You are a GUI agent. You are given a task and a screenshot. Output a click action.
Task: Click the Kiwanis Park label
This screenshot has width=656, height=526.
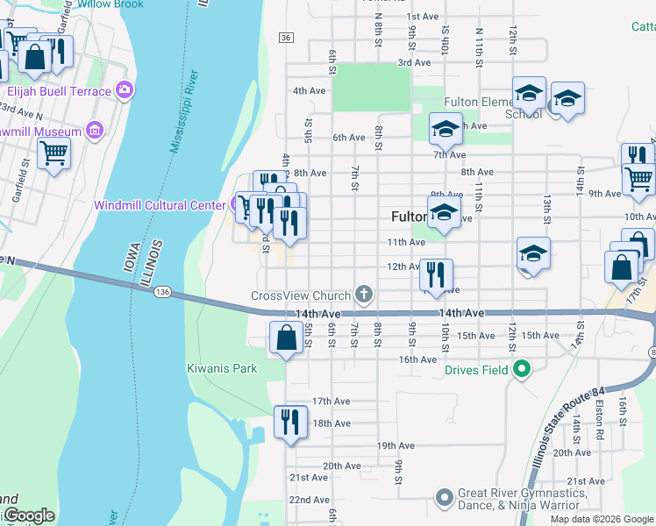222,368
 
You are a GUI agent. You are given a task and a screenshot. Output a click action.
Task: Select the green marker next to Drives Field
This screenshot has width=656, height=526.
522,370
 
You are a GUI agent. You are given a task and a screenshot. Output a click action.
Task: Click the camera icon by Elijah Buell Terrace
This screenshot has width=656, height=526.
125,90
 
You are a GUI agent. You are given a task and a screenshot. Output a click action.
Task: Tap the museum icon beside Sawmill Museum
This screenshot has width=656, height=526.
95,131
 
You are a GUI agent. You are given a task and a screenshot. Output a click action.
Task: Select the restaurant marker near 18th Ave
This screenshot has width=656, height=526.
289,422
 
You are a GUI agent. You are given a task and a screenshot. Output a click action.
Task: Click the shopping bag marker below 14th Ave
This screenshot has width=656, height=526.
287,338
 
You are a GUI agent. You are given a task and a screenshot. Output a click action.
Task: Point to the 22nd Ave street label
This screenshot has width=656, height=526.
309,500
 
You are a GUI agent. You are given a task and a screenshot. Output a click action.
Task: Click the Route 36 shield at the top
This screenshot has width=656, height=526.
286,38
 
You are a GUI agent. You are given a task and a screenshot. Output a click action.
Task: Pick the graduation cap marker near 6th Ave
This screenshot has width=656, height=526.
446,130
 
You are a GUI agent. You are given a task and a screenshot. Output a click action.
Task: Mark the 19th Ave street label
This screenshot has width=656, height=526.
396,445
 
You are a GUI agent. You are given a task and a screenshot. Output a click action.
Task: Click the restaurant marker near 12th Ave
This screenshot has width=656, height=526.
436,274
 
